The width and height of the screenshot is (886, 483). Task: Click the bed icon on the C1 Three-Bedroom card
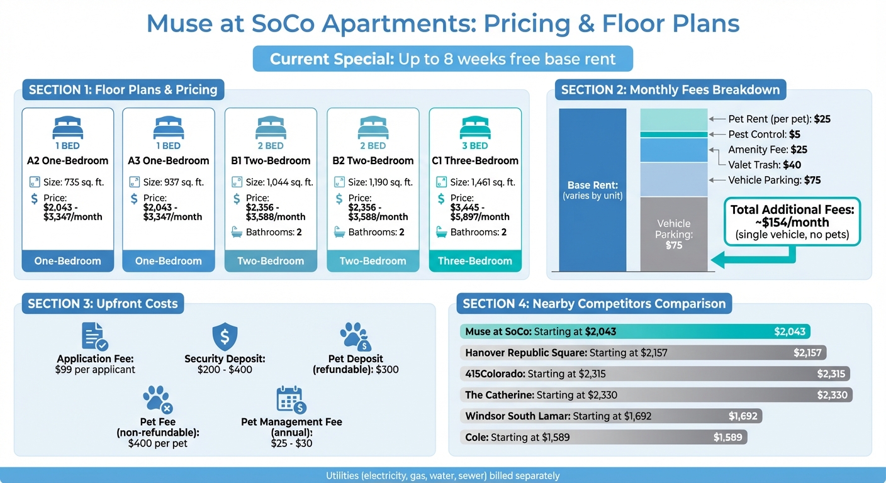475,128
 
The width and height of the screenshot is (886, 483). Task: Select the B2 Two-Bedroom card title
373,160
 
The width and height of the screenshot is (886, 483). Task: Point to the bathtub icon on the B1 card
237,232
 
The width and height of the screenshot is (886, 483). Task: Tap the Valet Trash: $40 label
765,165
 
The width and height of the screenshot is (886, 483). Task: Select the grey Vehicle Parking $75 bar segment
674,233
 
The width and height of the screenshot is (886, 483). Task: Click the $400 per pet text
158,443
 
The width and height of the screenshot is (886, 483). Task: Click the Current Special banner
442,59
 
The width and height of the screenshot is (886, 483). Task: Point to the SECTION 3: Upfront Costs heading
103,304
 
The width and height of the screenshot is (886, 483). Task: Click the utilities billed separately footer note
442,476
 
